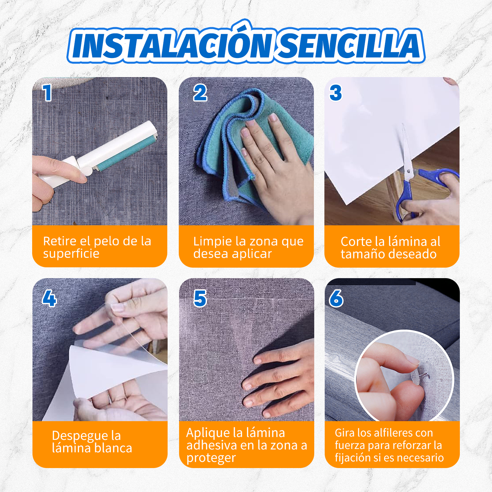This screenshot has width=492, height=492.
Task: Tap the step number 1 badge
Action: [47, 93]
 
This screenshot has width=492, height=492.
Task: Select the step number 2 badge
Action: [200, 93]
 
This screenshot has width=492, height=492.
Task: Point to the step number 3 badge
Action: [336, 93]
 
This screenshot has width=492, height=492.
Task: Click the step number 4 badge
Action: [49, 298]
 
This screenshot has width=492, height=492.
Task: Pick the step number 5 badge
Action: [200, 298]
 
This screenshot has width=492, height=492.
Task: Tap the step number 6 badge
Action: [336, 298]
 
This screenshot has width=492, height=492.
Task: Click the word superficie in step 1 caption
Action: [71, 254]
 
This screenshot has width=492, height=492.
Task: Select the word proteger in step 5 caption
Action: [211, 458]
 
